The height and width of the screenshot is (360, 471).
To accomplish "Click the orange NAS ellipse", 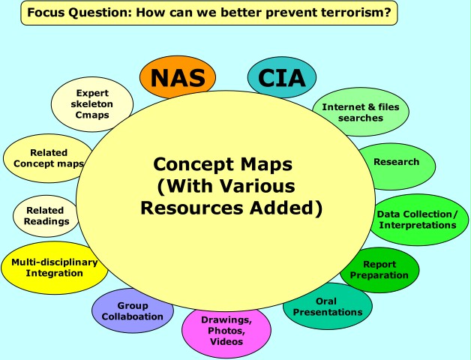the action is [x=177, y=76].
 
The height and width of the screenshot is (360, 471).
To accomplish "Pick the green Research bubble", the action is [x=397, y=162].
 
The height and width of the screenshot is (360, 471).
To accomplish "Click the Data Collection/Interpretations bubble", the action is [x=417, y=220].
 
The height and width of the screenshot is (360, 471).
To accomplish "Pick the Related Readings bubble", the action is [x=45, y=215].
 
